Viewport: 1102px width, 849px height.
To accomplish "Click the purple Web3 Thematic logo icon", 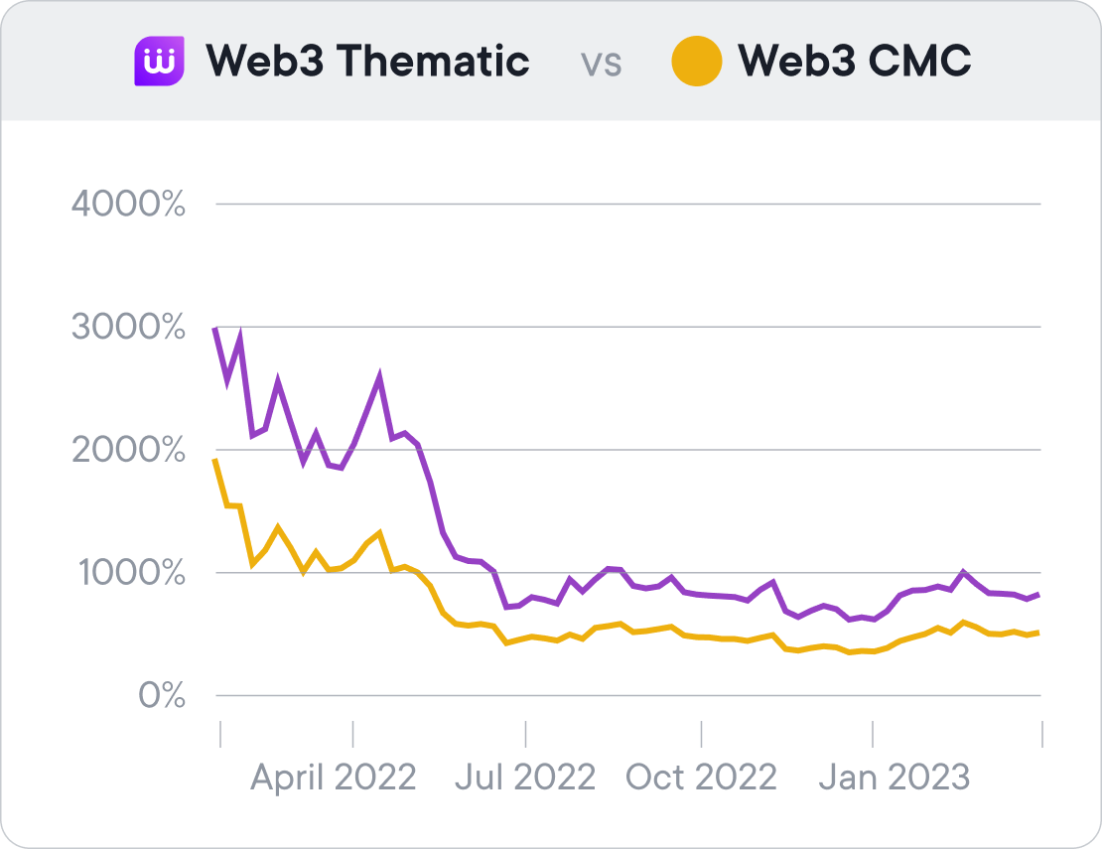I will [159, 62].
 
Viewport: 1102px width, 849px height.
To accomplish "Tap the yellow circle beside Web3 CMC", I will [696, 62].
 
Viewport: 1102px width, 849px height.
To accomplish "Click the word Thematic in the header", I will [433, 62].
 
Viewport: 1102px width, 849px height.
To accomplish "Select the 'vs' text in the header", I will [602, 64].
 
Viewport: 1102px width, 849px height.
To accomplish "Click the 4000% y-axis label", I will [129, 205].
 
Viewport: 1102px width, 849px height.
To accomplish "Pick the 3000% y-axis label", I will [129, 328].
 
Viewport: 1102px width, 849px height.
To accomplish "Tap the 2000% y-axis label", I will [129, 451].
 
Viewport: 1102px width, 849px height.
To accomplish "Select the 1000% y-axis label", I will [129, 573].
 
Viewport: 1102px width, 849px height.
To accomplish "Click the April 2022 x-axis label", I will [333, 777].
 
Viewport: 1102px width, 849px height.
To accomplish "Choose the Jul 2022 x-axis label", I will [525, 777].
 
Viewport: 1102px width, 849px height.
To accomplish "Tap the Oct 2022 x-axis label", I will [701, 777].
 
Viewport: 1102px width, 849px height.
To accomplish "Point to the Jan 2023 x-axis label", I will [894, 777].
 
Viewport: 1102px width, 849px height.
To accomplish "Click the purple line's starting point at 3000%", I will [217, 329].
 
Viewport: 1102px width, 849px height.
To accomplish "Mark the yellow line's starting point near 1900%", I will [217, 461].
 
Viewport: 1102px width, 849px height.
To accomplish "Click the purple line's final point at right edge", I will [1039, 594].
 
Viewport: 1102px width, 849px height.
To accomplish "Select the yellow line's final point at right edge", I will [1039, 633].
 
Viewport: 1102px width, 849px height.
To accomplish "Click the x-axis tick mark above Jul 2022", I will [526, 734].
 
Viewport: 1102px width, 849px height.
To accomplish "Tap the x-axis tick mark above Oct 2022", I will [701, 734].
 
